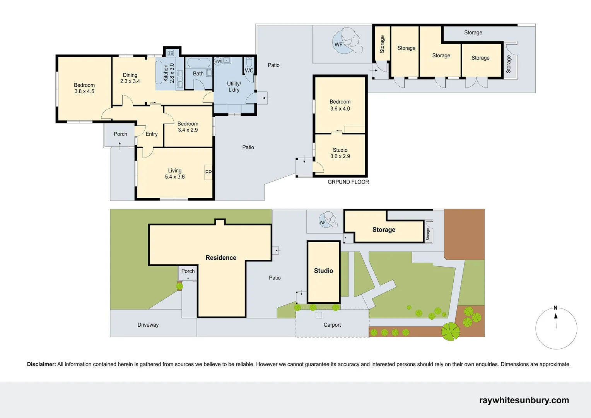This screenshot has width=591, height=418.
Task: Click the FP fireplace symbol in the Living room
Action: click(x=208, y=173)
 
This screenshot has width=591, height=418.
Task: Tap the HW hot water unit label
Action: click(x=218, y=61)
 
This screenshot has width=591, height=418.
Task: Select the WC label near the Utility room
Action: click(x=249, y=70)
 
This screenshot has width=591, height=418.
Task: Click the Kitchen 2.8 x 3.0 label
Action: click(x=169, y=73)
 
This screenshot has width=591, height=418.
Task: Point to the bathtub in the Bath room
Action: click(x=198, y=63)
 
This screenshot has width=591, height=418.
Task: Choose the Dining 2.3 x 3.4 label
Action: click(x=130, y=78)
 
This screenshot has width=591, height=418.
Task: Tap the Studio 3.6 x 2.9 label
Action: click(x=340, y=153)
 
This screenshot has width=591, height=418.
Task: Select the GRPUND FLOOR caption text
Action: click(x=348, y=182)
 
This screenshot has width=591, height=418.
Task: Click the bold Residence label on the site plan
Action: click(x=221, y=258)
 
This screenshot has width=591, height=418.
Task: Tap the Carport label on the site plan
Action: click(x=332, y=325)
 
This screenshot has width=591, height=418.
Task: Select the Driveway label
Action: click(x=148, y=325)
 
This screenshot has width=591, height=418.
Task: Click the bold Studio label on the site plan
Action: click(x=323, y=271)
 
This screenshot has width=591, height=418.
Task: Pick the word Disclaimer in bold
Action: click(x=41, y=364)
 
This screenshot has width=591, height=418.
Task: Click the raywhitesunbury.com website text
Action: click(x=524, y=400)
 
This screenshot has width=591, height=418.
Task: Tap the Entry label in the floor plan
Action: click(x=152, y=134)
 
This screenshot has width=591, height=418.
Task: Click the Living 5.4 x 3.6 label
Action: click(x=175, y=174)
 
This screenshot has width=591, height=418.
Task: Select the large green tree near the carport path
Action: click(x=451, y=332)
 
